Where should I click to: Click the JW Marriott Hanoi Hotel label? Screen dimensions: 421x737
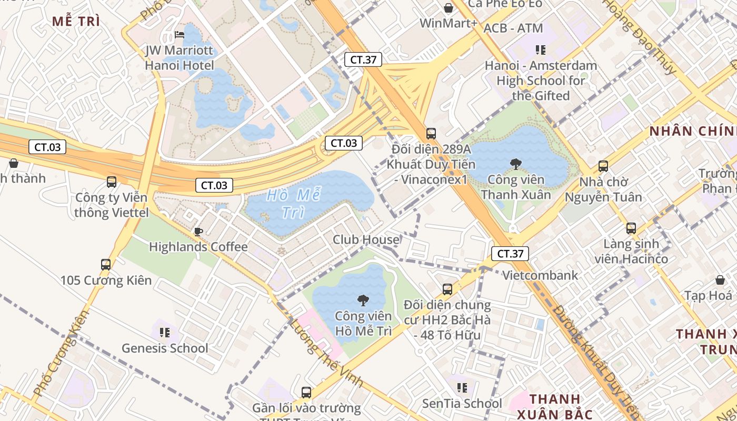[180, 58]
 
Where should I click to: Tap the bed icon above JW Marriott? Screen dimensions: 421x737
[180, 35]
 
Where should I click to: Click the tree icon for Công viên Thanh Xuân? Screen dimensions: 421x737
[516, 164]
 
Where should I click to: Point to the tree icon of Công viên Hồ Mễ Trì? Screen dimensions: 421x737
[363, 300]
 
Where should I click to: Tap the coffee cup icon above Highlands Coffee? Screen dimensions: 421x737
[198, 232]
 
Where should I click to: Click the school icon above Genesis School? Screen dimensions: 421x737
[165, 333]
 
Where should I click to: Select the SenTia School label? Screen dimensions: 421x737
[462, 404]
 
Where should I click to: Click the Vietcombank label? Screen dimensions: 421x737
[540, 275]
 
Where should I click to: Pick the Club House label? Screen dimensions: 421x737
[366, 240]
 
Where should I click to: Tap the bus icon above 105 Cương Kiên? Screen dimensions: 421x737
[106, 264]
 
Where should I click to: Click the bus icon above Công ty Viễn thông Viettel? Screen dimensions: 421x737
[112, 182]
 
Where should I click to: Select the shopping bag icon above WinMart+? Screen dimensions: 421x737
[449, 8]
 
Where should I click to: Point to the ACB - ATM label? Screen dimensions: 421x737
[513, 28]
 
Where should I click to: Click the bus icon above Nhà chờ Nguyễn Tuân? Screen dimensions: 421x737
[603, 166]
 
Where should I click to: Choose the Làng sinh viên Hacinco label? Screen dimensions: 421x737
[631, 252]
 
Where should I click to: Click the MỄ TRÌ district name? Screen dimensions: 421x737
[76, 22]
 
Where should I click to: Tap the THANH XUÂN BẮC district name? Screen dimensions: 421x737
[554, 406]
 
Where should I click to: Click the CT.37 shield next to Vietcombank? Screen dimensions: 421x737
[510, 254]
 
